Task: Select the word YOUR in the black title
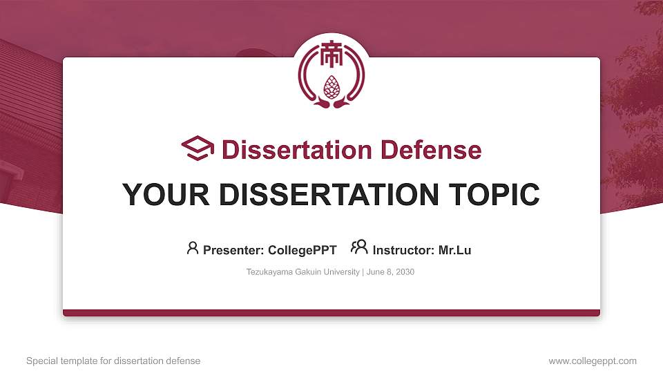(x=157, y=195)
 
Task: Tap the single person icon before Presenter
(x=193, y=248)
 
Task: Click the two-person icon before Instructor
(x=359, y=247)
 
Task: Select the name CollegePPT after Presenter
(x=302, y=250)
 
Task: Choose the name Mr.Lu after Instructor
(x=454, y=250)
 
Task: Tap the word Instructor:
(x=403, y=250)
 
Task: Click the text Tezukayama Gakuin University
(x=302, y=272)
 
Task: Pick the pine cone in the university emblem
(x=331, y=86)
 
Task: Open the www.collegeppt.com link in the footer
(x=593, y=361)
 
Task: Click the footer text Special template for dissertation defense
(x=113, y=361)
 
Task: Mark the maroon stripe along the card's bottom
(x=331, y=313)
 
